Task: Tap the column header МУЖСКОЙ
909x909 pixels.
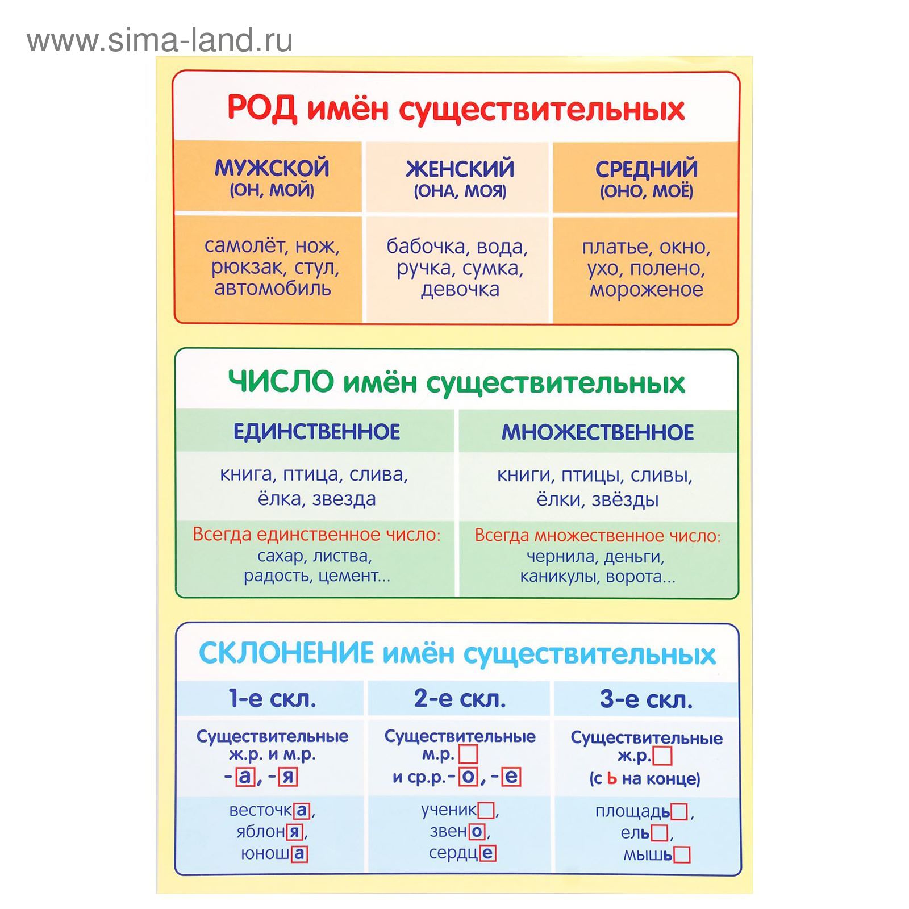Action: tap(272, 168)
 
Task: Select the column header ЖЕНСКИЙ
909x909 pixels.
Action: tap(460, 169)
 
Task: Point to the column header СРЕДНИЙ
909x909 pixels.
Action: tap(647, 169)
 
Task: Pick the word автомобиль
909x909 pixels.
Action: tap(272, 288)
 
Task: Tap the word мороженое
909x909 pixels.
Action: tap(647, 289)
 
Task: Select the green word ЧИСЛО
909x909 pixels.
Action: tap(281, 381)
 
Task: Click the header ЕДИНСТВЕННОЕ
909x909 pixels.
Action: tap(316, 432)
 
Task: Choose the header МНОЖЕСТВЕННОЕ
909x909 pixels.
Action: tap(598, 432)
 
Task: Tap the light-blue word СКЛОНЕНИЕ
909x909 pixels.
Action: tap(286, 653)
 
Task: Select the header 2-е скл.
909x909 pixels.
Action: tap(460, 698)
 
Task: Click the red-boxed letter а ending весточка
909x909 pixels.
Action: tap(302, 810)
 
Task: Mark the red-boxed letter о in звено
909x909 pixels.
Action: tap(477, 832)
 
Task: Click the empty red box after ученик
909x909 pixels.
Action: tap(486, 810)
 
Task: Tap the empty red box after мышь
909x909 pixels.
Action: tap(682, 855)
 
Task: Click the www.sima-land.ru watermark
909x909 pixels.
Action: tap(160, 40)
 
